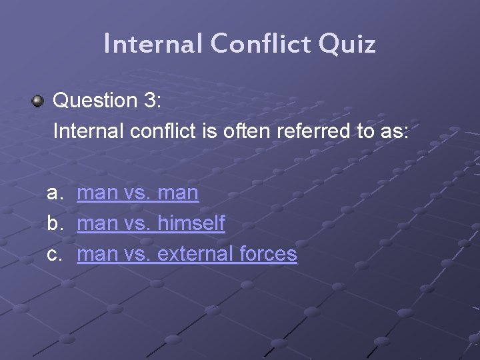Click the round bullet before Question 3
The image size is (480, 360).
click(37, 101)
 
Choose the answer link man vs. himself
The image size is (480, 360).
click(151, 223)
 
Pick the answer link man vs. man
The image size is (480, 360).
click(137, 193)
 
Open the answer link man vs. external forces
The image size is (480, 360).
click(187, 254)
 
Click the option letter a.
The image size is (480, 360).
click(55, 193)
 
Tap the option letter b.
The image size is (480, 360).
click(55, 223)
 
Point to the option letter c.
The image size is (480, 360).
click(55, 254)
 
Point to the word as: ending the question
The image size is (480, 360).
click(393, 131)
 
